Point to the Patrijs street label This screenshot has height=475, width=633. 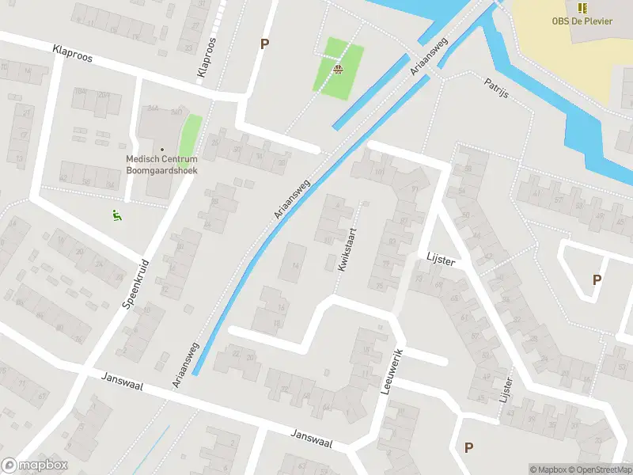coord(496,89)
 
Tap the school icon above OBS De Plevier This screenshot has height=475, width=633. coord(583,8)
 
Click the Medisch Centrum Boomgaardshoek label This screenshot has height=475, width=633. coord(161,164)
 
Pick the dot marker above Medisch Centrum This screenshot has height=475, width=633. coord(162,149)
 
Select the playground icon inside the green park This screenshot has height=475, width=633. coord(339,69)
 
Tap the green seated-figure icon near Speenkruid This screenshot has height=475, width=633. coord(116,214)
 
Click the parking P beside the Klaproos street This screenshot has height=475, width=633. coord(264,44)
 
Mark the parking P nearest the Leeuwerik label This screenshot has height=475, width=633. coord(468,447)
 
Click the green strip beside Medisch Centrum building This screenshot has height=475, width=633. coord(189,135)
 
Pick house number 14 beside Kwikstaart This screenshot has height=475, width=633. coord(296,266)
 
